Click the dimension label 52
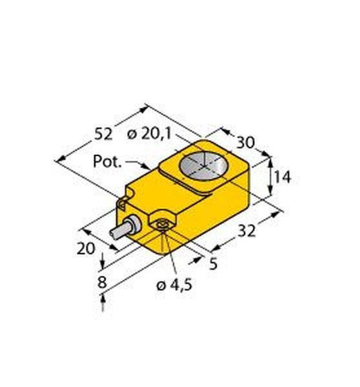(104, 134)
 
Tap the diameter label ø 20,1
(149, 134)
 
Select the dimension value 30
(245, 143)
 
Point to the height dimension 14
(283, 177)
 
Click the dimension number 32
(246, 232)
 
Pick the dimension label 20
(86, 248)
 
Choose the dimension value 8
(102, 282)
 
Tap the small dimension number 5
(213, 264)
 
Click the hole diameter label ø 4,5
(175, 286)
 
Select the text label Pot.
(107, 161)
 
